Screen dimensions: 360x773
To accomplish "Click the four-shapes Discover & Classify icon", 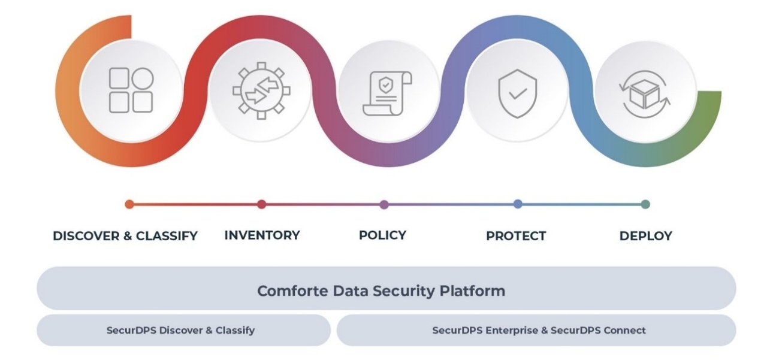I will [x=131, y=90].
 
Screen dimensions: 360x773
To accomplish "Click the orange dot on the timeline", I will [x=129, y=204].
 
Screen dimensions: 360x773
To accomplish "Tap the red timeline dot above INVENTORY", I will [x=261, y=204].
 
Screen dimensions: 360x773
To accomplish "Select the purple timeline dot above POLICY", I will [x=384, y=204].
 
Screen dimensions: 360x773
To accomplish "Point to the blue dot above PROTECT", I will [x=518, y=204].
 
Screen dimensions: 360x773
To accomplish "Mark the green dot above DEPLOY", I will [x=645, y=204].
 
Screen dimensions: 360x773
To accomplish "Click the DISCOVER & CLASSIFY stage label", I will [x=125, y=236].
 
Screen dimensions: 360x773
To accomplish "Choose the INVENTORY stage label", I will [x=262, y=235].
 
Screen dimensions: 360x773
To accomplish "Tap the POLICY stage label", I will [x=382, y=235].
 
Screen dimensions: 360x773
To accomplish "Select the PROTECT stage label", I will [x=516, y=236].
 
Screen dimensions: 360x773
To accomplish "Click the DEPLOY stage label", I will [x=645, y=236].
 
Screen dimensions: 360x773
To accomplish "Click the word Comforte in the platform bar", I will [x=286, y=291].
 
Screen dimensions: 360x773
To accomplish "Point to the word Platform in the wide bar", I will [x=473, y=291].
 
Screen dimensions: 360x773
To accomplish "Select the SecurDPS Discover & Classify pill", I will [x=180, y=330].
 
